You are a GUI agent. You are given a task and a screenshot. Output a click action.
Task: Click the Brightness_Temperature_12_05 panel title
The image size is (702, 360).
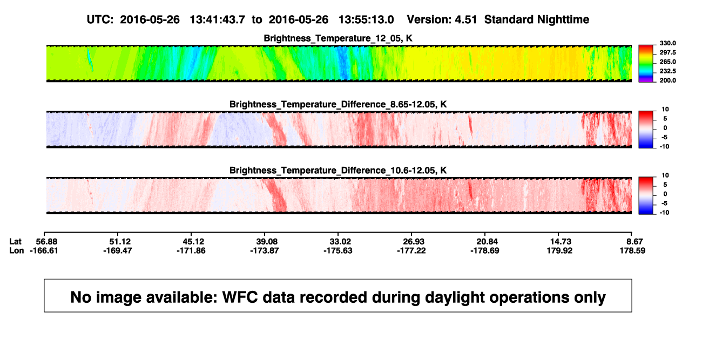tap(338, 38)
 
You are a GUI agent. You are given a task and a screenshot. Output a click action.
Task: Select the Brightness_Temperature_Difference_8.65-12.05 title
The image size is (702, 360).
tap(338, 104)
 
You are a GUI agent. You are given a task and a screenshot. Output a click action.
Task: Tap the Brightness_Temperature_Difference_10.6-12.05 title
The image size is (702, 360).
tap(338, 171)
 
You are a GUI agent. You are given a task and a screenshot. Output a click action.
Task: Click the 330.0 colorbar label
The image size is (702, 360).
tap(667, 43)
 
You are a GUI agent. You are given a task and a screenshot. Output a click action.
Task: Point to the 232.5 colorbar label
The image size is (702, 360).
tap(667, 71)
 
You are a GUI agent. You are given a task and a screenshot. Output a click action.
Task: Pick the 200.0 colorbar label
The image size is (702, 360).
tap(667, 80)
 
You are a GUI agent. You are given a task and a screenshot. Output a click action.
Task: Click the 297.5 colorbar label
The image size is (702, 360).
tap(667, 53)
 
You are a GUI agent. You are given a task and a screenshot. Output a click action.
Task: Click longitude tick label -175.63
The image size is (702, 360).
tap(338, 250)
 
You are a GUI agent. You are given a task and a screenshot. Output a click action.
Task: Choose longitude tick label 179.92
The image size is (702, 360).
tap(560, 250)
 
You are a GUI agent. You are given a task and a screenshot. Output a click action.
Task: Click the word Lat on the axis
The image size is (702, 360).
tap(15, 242)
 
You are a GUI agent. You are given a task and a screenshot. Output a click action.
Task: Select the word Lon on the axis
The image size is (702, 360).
tap(17, 250)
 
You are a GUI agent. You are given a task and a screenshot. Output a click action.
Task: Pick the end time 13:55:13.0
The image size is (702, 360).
tap(366, 20)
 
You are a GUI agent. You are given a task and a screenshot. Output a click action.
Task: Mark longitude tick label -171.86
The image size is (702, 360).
tap(191, 250)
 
